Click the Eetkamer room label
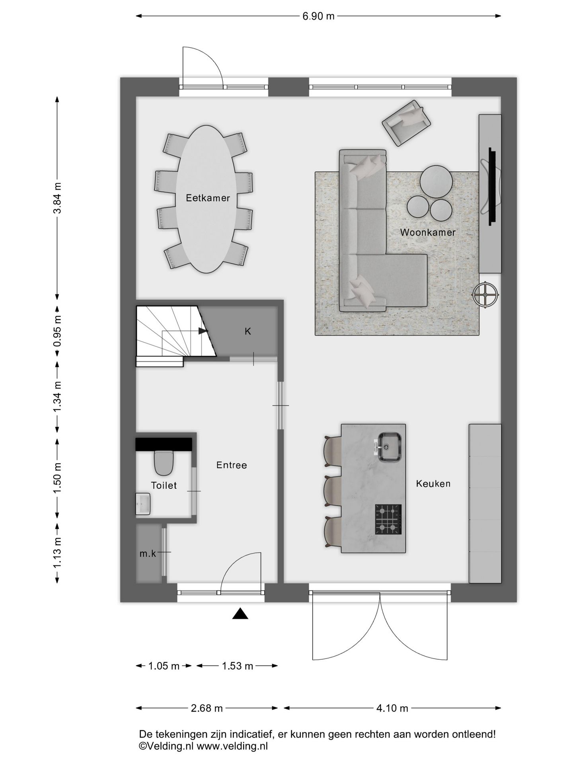(208, 198)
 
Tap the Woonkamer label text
(428, 232)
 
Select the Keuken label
(433, 483)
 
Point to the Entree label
(232, 465)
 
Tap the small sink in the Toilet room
(143, 504)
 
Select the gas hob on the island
(388, 519)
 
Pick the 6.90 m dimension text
(318, 16)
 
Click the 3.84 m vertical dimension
(57, 198)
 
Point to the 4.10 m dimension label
(392, 708)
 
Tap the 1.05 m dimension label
(164, 666)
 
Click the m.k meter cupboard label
(148, 554)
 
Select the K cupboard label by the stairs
(248, 331)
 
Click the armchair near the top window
(407, 123)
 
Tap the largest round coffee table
(436, 181)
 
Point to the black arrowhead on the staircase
(203, 331)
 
